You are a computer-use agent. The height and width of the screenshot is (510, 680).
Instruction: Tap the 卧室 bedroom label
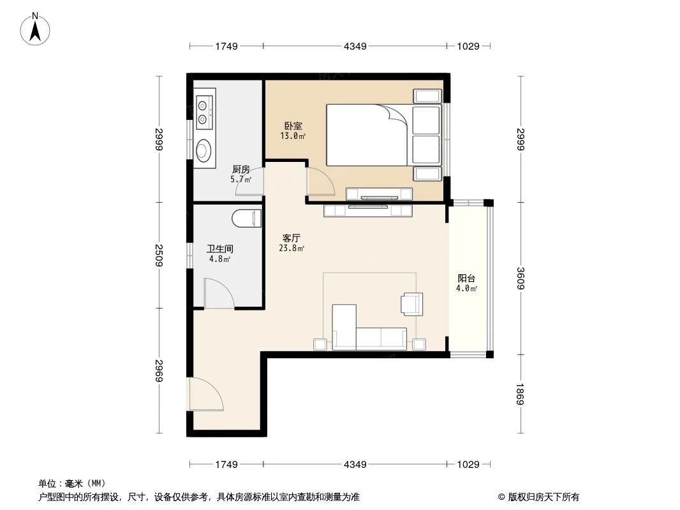click(x=293, y=126)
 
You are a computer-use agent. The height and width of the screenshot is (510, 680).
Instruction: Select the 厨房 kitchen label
click(x=240, y=169)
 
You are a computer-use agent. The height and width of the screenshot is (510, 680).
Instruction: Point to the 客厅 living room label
click(x=291, y=238)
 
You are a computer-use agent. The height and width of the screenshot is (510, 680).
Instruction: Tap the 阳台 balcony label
click(x=466, y=279)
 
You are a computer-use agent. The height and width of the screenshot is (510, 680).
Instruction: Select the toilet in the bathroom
click(x=246, y=219)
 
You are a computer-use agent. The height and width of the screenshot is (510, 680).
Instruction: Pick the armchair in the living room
click(x=411, y=303)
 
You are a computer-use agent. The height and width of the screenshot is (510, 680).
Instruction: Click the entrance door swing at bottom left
click(x=206, y=394)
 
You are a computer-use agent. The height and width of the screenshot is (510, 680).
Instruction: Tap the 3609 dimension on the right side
click(x=521, y=278)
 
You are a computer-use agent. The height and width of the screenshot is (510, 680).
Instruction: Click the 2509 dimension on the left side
click(x=159, y=255)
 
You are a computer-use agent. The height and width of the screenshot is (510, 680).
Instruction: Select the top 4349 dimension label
click(x=355, y=46)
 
